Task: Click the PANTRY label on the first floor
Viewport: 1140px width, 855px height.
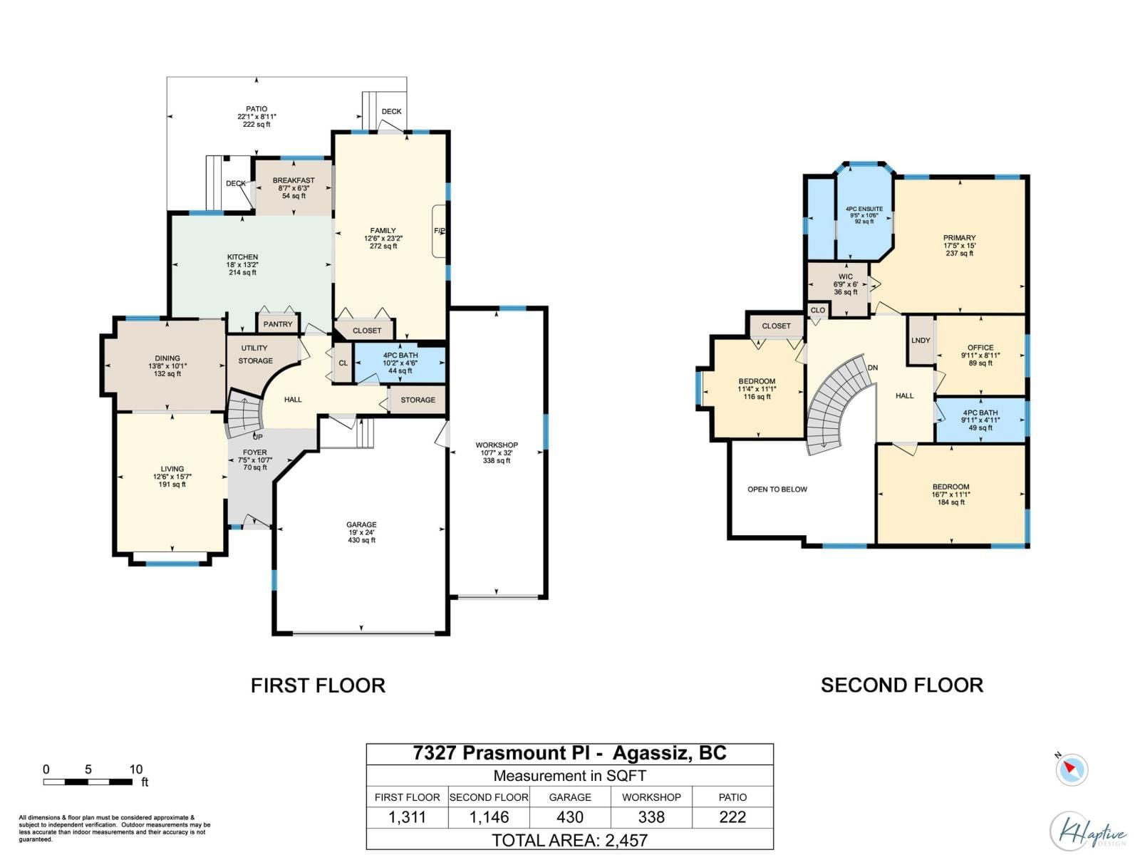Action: pyautogui.click(x=278, y=324)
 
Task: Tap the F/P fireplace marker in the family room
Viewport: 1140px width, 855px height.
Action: pyautogui.click(x=440, y=231)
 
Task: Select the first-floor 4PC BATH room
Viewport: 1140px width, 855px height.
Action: pyautogui.click(x=400, y=363)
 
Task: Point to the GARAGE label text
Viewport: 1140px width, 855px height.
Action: pyautogui.click(x=361, y=525)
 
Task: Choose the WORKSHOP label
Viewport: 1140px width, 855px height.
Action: pyautogui.click(x=497, y=445)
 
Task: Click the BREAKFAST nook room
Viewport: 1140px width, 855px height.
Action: pyautogui.click(x=294, y=187)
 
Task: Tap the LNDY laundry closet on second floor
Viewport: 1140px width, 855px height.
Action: pyautogui.click(x=921, y=341)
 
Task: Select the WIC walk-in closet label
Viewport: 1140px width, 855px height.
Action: pyautogui.click(x=845, y=277)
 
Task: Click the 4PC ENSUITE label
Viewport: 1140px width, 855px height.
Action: pyautogui.click(x=864, y=209)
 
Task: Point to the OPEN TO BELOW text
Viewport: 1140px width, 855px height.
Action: pyautogui.click(x=777, y=489)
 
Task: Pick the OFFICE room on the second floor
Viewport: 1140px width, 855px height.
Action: pyautogui.click(x=980, y=355)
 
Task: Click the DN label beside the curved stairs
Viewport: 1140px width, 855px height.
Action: pyautogui.click(x=873, y=368)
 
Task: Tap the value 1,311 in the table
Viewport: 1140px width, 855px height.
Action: pyautogui.click(x=407, y=817)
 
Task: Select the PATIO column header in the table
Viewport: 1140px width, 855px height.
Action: pyautogui.click(x=732, y=797)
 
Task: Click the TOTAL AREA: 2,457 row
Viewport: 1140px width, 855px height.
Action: pyautogui.click(x=570, y=840)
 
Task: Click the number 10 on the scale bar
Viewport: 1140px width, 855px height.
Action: pyautogui.click(x=135, y=769)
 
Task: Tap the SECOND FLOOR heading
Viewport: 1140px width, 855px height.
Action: pyautogui.click(x=901, y=685)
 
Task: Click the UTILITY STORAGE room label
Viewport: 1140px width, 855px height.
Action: pyautogui.click(x=255, y=355)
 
